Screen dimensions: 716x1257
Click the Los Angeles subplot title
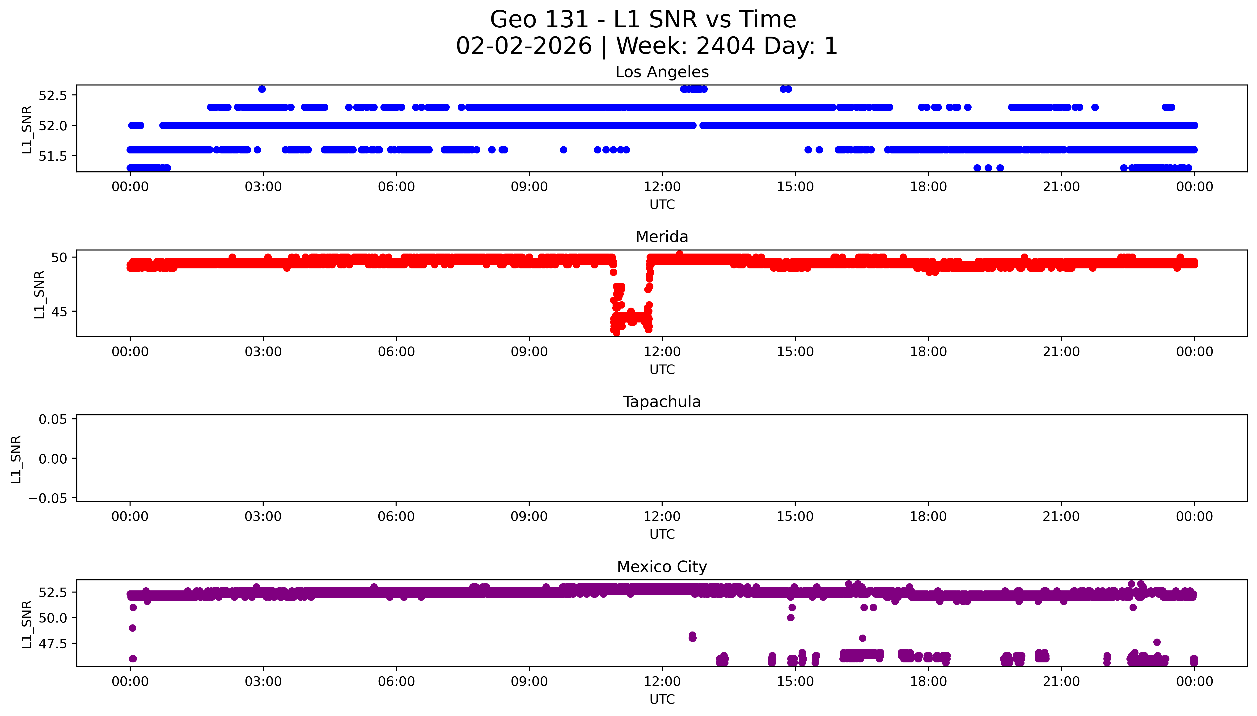pyautogui.click(x=662, y=72)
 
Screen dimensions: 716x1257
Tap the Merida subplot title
pyautogui.click(x=662, y=237)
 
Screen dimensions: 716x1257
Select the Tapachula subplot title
pyautogui.click(x=662, y=402)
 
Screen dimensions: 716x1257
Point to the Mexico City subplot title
pyautogui.click(x=662, y=567)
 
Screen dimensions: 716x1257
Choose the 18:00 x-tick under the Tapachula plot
pyautogui.click(x=928, y=516)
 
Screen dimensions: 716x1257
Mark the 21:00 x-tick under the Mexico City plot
pyautogui.click(x=1061, y=682)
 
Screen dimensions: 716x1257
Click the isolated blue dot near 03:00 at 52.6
pyautogui.click(x=262, y=89)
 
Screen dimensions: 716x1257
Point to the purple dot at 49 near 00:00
pyautogui.click(x=132, y=628)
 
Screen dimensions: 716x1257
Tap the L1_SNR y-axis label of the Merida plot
pyautogui.click(x=39, y=294)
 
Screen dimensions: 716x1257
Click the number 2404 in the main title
pyautogui.click(x=726, y=46)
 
